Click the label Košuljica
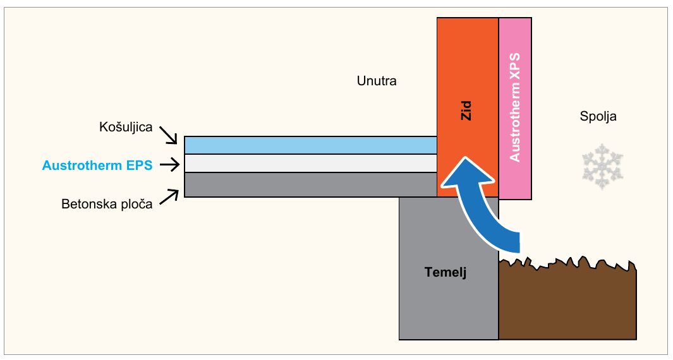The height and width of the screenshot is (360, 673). coord(126,128)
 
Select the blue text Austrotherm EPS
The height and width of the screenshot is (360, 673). coord(97,165)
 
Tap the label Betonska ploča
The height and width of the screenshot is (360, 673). coord(107,204)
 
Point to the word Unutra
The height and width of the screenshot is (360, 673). coord(377,81)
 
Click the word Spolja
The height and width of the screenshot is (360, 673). coord(598,116)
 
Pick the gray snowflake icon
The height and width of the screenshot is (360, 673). coord(603,167)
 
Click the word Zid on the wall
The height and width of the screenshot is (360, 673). coord(466,111)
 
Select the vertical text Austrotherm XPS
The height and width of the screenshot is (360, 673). coord(514,107)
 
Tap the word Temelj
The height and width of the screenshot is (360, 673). coord(446,272)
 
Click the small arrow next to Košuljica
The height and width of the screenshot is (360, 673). coord(168,135)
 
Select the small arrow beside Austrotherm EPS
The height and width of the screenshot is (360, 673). coord(169,165)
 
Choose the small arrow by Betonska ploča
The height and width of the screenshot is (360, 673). coord(169,198)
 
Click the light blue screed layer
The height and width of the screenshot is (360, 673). coord(311,145)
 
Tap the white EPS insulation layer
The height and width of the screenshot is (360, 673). coord(311,164)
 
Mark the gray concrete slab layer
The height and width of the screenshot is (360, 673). coord(311,185)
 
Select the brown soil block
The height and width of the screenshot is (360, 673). coord(567,301)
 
